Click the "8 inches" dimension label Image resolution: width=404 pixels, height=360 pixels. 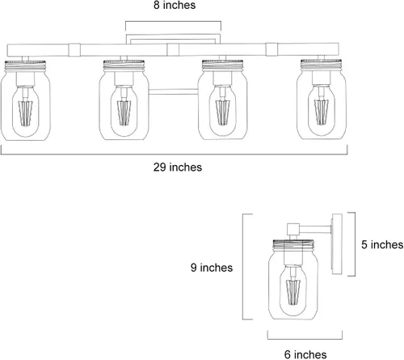point(175,5)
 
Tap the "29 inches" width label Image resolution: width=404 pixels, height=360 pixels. point(178,167)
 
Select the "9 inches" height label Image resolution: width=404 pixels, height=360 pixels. point(212,268)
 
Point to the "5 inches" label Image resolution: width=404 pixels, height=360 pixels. point(382,244)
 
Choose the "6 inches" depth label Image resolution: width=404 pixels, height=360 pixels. point(305,354)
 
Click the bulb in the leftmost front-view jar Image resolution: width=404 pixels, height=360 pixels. point(26,111)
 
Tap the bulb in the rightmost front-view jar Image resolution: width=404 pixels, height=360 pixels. point(322,110)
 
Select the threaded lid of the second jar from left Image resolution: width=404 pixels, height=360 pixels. point(124,66)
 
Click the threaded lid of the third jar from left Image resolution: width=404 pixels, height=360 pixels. point(222,66)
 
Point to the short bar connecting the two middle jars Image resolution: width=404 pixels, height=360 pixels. point(173,91)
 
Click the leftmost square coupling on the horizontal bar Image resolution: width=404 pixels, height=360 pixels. point(74,50)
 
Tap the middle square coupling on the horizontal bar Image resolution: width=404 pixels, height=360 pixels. point(173,50)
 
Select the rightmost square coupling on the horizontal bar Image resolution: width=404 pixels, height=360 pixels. point(271,49)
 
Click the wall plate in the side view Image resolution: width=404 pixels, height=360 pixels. point(337,244)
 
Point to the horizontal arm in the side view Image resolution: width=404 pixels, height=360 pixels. point(315,230)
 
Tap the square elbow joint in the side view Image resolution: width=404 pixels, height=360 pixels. point(293,229)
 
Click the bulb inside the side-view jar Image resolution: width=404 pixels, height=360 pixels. point(293,291)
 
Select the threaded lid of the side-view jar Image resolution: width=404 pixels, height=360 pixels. point(293,245)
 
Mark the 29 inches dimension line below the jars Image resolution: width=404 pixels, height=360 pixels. point(174,155)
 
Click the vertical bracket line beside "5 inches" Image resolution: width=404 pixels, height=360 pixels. point(355,244)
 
